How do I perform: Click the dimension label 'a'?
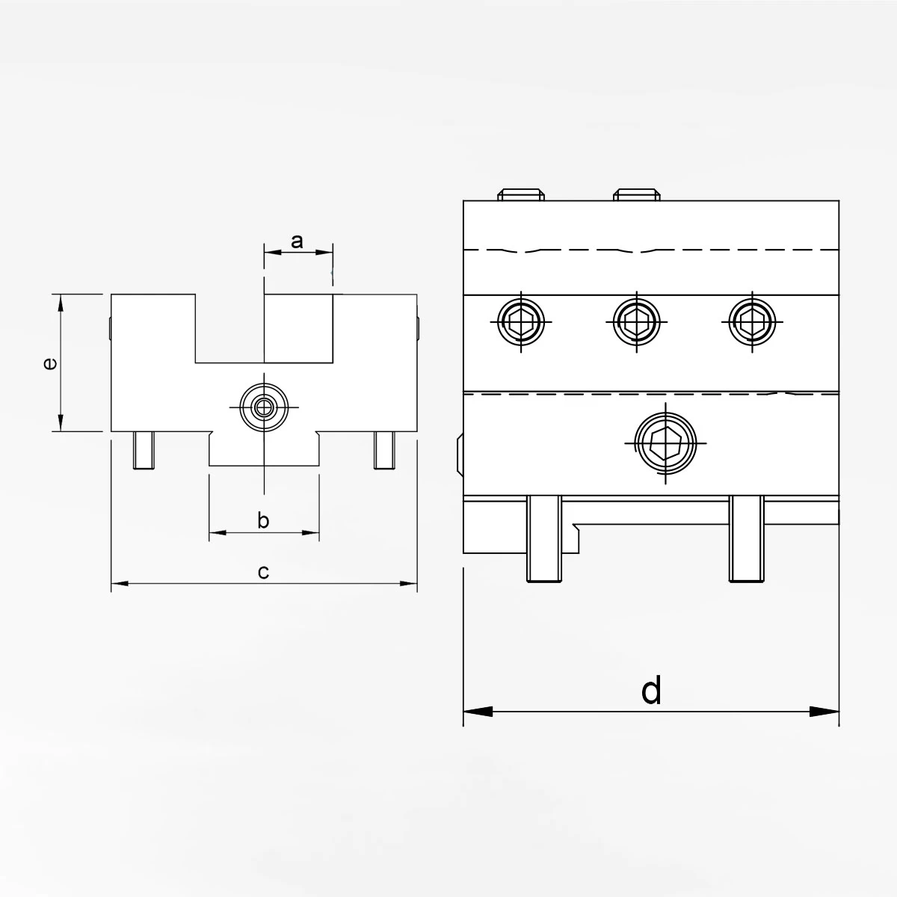click(297, 241)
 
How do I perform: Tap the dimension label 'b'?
click(263, 520)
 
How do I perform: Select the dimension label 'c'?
click(263, 572)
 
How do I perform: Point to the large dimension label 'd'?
click(651, 691)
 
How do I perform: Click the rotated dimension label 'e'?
click(49, 363)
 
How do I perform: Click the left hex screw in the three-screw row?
click(521, 321)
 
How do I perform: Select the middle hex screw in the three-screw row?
click(635, 321)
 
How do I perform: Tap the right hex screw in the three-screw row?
click(751, 321)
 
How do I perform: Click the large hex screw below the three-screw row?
click(665, 444)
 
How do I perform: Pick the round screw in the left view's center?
click(263, 407)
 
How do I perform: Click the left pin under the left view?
click(144, 451)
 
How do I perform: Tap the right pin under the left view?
click(383, 451)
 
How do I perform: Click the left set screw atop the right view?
click(522, 195)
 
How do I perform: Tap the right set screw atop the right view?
click(636, 195)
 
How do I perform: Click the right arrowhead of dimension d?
click(827, 712)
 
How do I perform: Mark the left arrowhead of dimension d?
click(477, 712)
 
